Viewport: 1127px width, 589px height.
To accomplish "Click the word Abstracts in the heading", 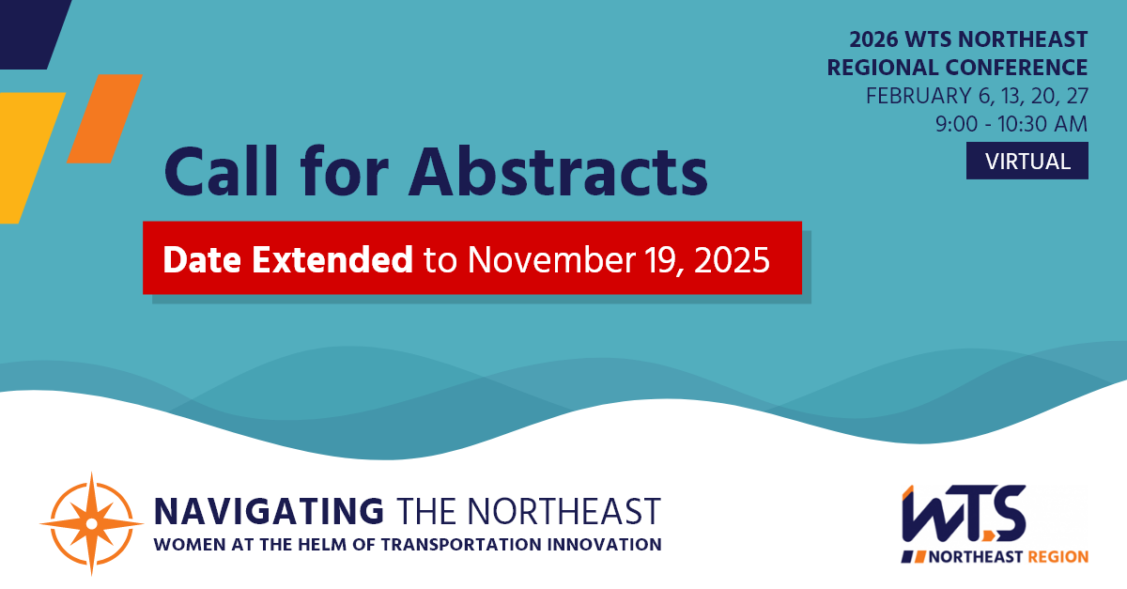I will pyautogui.click(x=559, y=171).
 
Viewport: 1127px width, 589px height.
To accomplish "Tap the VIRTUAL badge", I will pyautogui.click(x=1027, y=161).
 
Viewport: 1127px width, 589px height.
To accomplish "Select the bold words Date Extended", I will pyautogui.click(x=287, y=259).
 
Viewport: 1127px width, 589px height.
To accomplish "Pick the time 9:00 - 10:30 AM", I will pyautogui.click(x=1011, y=123).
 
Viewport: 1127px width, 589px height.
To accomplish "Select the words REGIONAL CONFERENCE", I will pyautogui.click(x=957, y=68).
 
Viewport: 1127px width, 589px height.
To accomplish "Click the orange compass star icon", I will pyautogui.click(x=91, y=522).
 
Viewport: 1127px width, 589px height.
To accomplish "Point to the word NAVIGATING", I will pyautogui.click(x=269, y=511).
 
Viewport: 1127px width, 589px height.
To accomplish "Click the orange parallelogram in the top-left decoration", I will pyautogui.click(x=104, y=118).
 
